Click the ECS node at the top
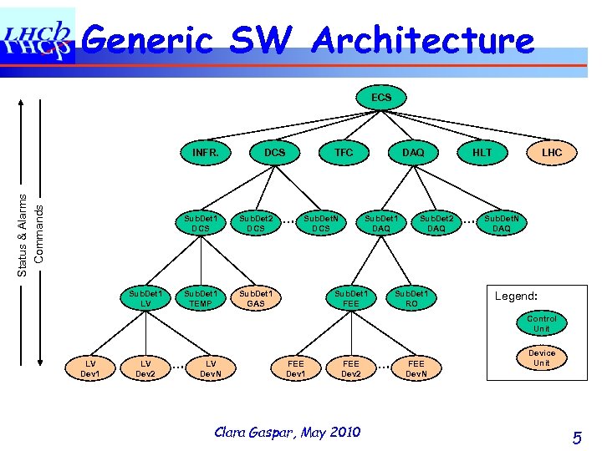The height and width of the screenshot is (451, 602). click(x=380, y=99)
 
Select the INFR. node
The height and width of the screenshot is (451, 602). click(x=205, y=153)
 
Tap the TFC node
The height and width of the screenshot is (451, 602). click(x=344, y=153)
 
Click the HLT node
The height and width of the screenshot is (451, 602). click(x=482, y=153)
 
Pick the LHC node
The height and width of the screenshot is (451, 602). click(x=552, y=153)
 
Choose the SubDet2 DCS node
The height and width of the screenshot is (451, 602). click(x=256, y=223)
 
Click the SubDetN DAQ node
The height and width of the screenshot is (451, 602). click(x=502, y=223)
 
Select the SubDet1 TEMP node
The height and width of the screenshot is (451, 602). click(x=201, y=299)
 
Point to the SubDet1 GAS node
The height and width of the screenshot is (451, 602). click(x=256, y=299)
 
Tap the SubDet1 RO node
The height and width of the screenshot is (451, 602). click(x=411, y=299)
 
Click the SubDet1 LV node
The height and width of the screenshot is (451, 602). click(x=145, y=299)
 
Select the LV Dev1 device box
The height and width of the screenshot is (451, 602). click(x=89, y=368)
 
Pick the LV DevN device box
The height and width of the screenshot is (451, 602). click(x=211, y=368)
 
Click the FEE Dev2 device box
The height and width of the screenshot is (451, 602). click(x=351, y=368)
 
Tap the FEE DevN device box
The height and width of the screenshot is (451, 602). click(x=416, y=368)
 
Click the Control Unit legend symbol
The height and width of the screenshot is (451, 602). click(x=542, y=324)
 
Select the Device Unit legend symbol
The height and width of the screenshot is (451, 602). click(x=542, y=358)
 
